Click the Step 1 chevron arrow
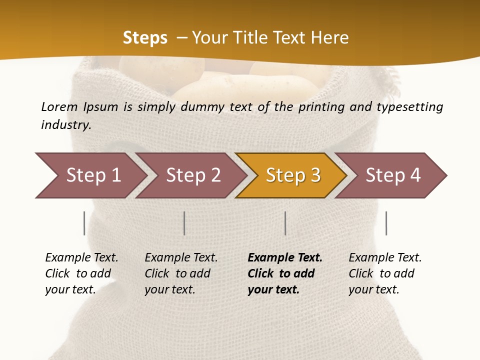[x=92, y=175]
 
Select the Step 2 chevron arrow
[x=192, y=175]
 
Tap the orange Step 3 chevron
[x=292, y=175]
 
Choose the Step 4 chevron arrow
[x=392, y=175]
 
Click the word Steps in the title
[x=145, y=38]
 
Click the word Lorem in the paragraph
[x=59, y=106]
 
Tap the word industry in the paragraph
[x=66, y=125]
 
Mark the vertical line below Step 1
[x=84, y=223]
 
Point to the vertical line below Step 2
[x=184, y=223]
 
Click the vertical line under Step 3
[x=285, y=223]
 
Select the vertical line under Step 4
[x=386, y=223]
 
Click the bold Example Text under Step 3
[x=285, y=258]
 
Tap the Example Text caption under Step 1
[x=81, y=258]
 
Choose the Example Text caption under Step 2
[x=181, y=258]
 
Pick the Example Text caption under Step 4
[x=385, y=258]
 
